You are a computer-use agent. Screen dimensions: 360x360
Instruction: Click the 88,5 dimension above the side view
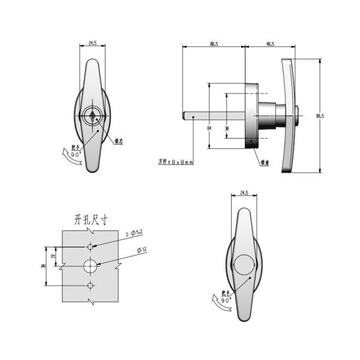pyautogui.click(x=214, y=43)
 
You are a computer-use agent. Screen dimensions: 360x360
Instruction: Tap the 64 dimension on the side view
pyautogui.click(x=209, y=128)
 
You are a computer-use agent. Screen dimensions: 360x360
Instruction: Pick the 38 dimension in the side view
pyautogui.click(x=226, y=128)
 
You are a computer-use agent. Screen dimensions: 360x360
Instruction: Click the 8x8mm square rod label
pyautogui.click(x=176, y=161)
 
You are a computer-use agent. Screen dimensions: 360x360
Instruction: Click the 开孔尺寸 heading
pyautogui.click(x=89, y=220)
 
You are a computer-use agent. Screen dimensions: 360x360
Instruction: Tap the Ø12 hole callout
pyautogui.click(x=142, y=250)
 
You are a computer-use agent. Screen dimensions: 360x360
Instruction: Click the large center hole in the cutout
pyautogui.click(x=90, y=265)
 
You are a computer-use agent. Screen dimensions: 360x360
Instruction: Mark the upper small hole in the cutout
pyautogui.click(x=90, y=247)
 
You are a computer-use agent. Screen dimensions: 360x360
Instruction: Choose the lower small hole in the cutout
pyautogui.click(x=90, y=284)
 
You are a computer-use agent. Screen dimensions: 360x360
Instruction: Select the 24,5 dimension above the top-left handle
pyautogui.click(x=92, y=43)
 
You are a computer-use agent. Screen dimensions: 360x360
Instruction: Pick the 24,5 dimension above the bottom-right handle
pyautogui.click(x=243, y=193)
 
